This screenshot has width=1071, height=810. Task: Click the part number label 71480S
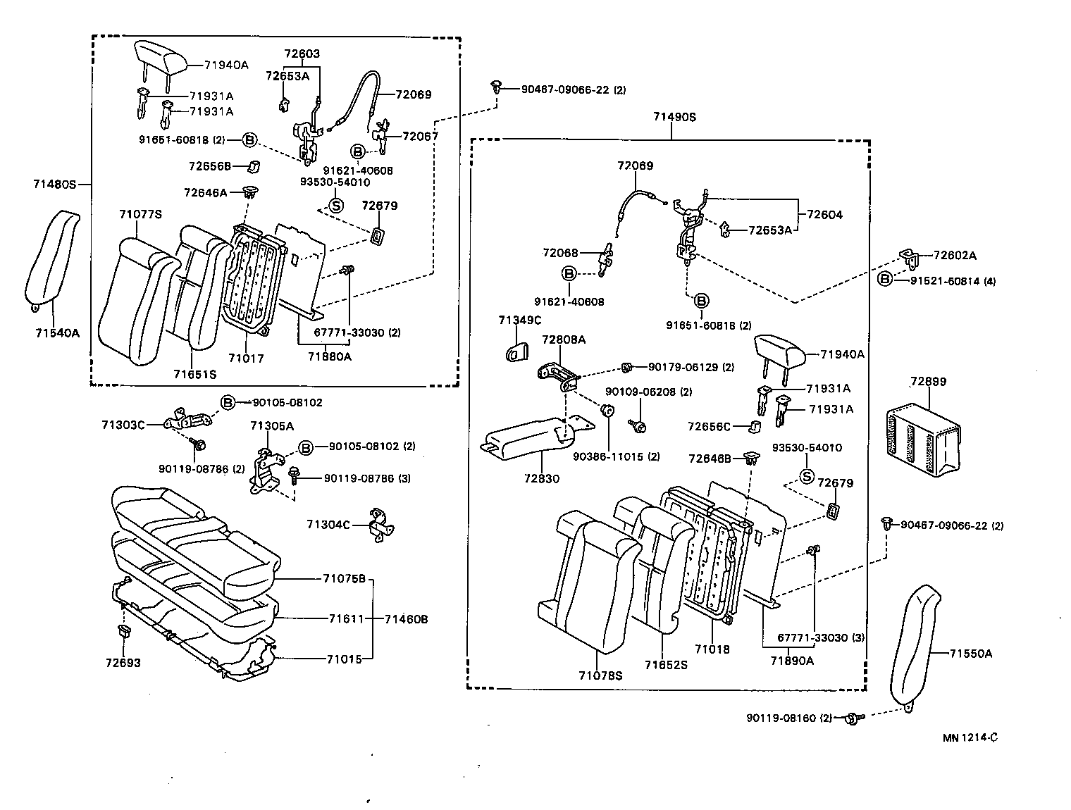click(54, 185)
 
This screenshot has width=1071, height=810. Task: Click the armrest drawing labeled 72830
click(528, 437)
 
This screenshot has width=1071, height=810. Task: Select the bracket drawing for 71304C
click(381, 525)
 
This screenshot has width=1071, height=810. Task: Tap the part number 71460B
click(407, 620)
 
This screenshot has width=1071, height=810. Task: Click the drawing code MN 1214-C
click(970, 737)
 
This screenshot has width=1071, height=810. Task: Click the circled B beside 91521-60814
click(885, 280)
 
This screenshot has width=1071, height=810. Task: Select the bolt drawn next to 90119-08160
click(852, 718)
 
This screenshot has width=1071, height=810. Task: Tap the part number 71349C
click(520, 320)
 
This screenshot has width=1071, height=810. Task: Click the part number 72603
click(302, 54)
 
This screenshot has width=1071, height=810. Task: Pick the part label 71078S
click(601, 675)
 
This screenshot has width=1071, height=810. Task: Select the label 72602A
click(955, 255)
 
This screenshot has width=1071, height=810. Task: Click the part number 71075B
click(344, 579)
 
